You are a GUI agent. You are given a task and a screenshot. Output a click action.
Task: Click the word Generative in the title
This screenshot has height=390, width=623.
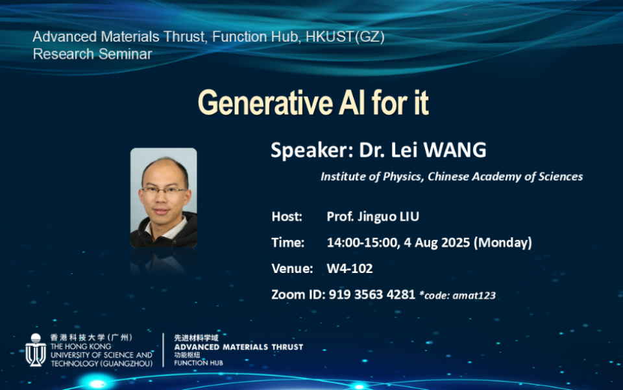point(265,103)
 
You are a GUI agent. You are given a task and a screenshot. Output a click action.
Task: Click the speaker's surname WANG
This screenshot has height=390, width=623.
point(455,150)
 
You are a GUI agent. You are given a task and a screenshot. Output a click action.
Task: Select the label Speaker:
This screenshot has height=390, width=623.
point(312,150)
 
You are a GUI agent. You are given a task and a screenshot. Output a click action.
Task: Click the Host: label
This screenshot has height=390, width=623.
point(287,216)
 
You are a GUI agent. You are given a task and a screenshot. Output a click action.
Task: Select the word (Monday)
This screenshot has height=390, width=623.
point(502,242)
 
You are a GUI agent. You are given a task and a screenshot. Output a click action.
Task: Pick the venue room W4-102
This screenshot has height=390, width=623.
point(350,268)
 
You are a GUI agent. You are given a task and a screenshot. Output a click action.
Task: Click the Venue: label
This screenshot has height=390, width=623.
point(292,268)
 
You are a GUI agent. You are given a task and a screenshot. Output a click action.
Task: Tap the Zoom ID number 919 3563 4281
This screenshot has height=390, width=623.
point(372,294)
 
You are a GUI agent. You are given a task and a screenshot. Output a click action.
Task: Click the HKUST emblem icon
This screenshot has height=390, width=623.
point(36,350)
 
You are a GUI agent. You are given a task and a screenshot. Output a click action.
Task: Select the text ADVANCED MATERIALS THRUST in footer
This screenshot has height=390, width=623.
point(238,347)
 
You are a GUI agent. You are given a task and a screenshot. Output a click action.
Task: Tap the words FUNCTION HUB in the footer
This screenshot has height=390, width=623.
point(199,363)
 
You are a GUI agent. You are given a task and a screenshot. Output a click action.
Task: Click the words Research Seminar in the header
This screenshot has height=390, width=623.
point(93,54)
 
